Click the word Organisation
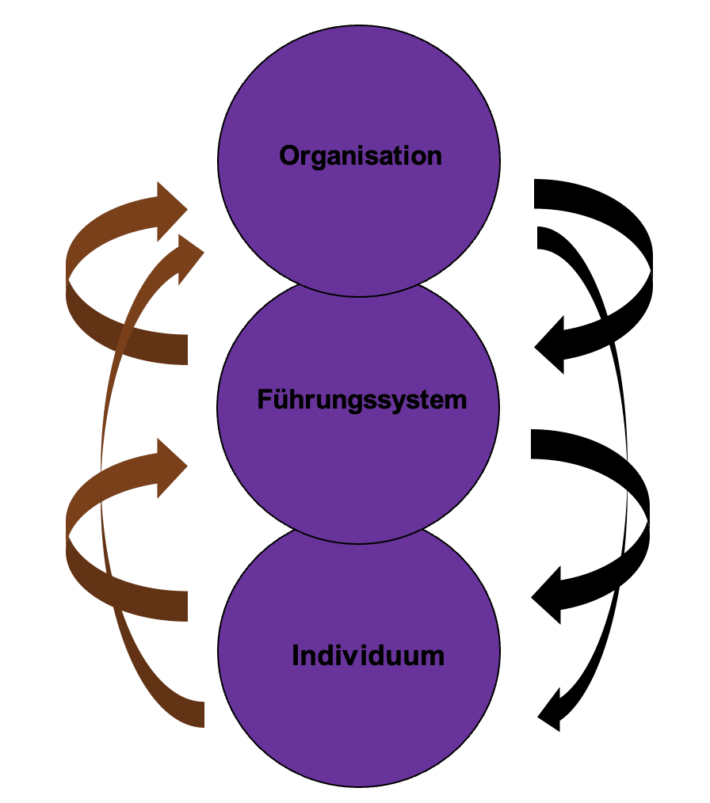coord(361,156)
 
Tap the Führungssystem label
coord(361,400)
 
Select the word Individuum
coord(368,656)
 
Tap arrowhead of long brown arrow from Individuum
coord(187,253)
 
